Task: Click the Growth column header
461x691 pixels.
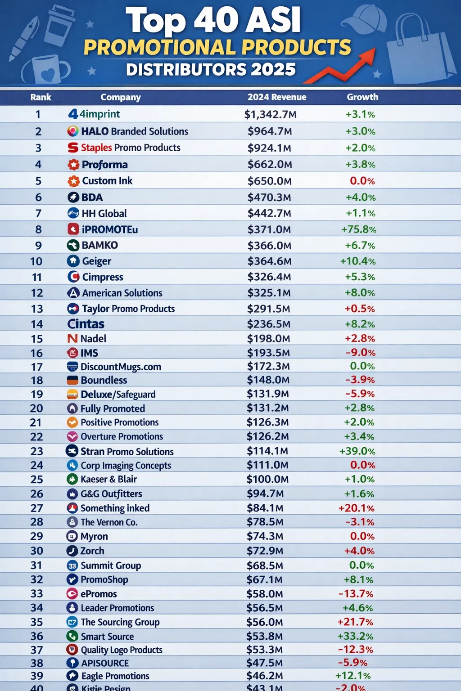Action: (x=362, y=97)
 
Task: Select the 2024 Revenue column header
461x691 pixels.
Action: (x=277, y=97)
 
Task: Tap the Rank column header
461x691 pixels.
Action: (x=41, y=97)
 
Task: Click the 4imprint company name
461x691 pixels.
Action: (x=99, y=114)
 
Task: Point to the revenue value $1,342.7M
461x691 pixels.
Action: (x=270, y=114)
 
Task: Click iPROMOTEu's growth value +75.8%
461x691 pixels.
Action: (x=358, y=229)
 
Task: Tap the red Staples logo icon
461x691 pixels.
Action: (x=73, y=148)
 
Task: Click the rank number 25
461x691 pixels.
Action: (x=37, y=480)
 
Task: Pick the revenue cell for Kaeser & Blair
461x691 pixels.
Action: (x=267, y=479)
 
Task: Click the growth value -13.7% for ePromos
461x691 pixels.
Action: (x=356, y=594)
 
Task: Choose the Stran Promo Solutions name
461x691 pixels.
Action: (x=127, y=451)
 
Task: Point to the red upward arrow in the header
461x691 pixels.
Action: (x=342, y=67)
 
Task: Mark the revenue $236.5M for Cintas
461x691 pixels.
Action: (x=268, y=324)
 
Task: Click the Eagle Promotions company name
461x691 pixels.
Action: (x=115, y=676)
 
